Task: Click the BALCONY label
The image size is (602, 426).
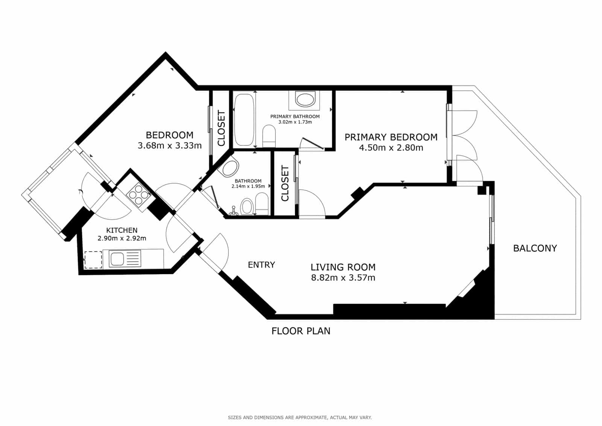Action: tap(535, 248)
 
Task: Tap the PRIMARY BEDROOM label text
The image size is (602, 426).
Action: tap(391, 137)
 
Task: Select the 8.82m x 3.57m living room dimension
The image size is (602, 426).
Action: tap(343, 278)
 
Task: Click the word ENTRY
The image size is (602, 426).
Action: tap(261, 265)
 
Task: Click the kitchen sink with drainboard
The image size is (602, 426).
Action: tap(125, 259)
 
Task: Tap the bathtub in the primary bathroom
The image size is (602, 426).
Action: tap(244, 120)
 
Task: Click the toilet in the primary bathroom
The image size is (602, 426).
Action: tap(269, 136)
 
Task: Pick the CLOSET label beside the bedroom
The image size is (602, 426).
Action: tap(221, 128)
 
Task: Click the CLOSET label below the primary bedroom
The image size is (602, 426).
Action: tap(285, 183)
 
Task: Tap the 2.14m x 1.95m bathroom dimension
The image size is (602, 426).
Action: tap(248, 186)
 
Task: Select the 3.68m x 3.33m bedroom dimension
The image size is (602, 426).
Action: tap(170, 146)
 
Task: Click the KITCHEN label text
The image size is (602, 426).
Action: tap(122, 230)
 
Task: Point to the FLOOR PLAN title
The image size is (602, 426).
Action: tap(301, 331)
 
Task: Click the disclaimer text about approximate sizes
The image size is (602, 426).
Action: tap(299, 417)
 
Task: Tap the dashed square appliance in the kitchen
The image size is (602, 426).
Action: tap(93, 260)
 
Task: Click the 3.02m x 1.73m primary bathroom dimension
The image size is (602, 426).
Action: tap(295, 122)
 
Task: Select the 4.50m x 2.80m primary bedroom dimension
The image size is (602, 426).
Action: tap(391, 148)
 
